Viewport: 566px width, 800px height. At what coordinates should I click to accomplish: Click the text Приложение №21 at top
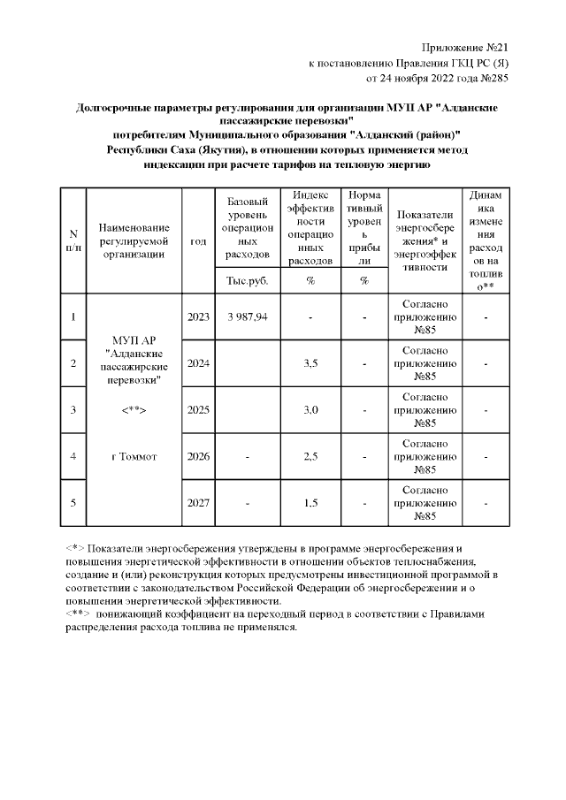466,45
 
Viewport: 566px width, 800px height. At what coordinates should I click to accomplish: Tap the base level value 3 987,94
248,316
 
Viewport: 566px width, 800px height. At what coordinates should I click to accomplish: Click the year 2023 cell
198,316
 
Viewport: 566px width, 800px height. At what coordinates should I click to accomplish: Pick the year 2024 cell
198,363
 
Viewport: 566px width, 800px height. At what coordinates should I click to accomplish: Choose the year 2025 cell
198,410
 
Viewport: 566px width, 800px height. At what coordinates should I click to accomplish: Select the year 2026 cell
198,456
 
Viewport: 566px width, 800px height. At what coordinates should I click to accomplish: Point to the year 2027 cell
198,503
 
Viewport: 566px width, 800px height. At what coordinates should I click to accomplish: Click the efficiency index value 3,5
310,363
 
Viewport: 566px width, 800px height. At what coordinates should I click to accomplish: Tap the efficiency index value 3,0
310,410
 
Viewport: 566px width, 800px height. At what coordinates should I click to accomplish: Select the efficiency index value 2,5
310,456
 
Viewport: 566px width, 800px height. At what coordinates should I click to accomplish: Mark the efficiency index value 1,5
310,503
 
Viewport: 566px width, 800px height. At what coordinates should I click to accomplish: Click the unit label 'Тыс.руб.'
248,281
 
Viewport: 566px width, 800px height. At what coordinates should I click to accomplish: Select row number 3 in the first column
73,410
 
